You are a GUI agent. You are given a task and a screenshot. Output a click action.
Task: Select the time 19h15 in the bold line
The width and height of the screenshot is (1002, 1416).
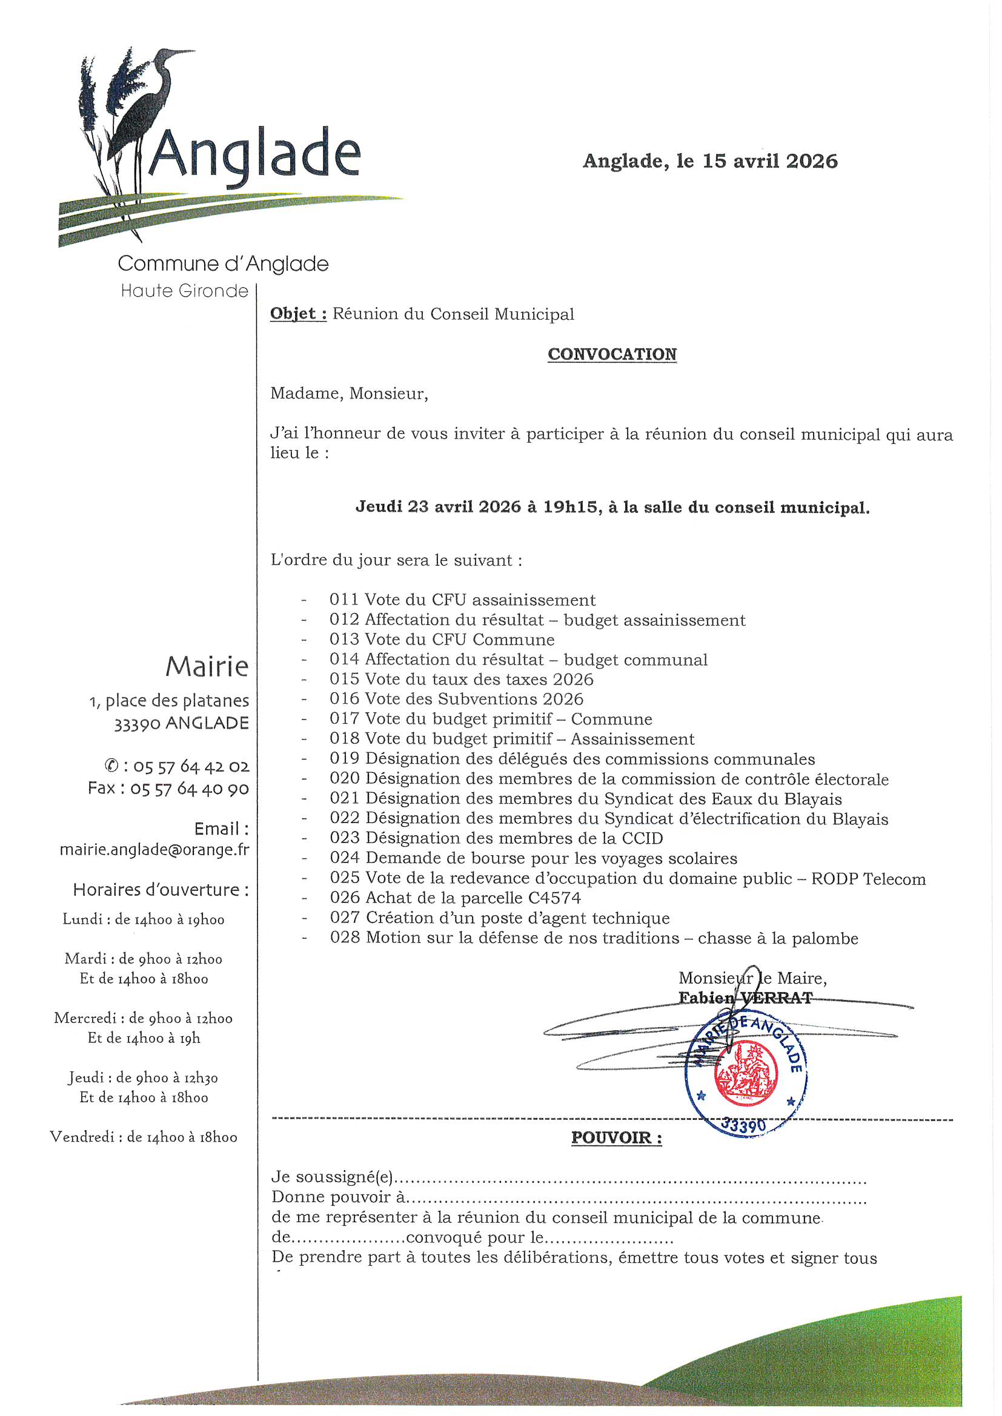pos(570,507)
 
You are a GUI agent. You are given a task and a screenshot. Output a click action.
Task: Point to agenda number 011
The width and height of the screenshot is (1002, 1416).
pos(343,600)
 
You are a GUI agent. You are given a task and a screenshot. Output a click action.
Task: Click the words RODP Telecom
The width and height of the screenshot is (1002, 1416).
pos(868,878)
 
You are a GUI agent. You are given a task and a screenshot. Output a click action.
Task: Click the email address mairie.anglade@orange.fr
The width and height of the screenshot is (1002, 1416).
pos(154,849)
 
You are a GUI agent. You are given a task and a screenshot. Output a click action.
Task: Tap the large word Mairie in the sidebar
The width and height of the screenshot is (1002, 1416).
pos(207,666)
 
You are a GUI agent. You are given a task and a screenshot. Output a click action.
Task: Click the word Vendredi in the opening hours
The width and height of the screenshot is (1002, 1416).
pos(85,1137)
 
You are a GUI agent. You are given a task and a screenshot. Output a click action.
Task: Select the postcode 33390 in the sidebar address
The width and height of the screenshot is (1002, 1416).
pos(137,723)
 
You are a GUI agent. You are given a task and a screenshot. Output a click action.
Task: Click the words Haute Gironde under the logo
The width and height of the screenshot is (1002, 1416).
pos(184,291)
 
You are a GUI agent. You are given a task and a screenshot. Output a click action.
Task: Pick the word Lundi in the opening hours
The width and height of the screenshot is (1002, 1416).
pos(82,919)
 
